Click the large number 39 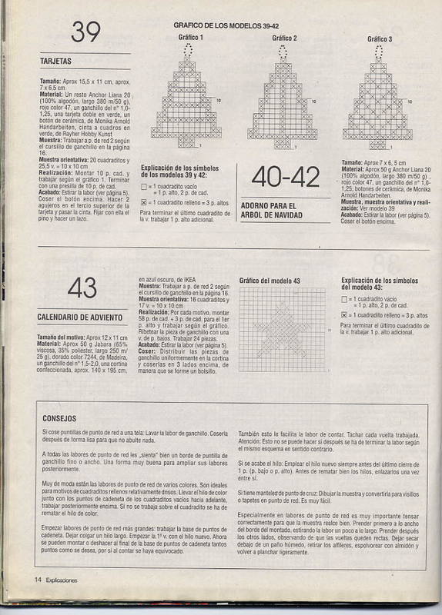[x=87, y=32]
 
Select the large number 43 [x=82, y=288]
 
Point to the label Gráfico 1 [x=191, y=38]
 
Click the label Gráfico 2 [x=284, y=38]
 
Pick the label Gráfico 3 [x=379, y=38]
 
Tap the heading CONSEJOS [x=59, y=418]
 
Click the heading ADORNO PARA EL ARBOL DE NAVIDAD [x=269, y=210]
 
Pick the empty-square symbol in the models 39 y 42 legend [x=145, y=187]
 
